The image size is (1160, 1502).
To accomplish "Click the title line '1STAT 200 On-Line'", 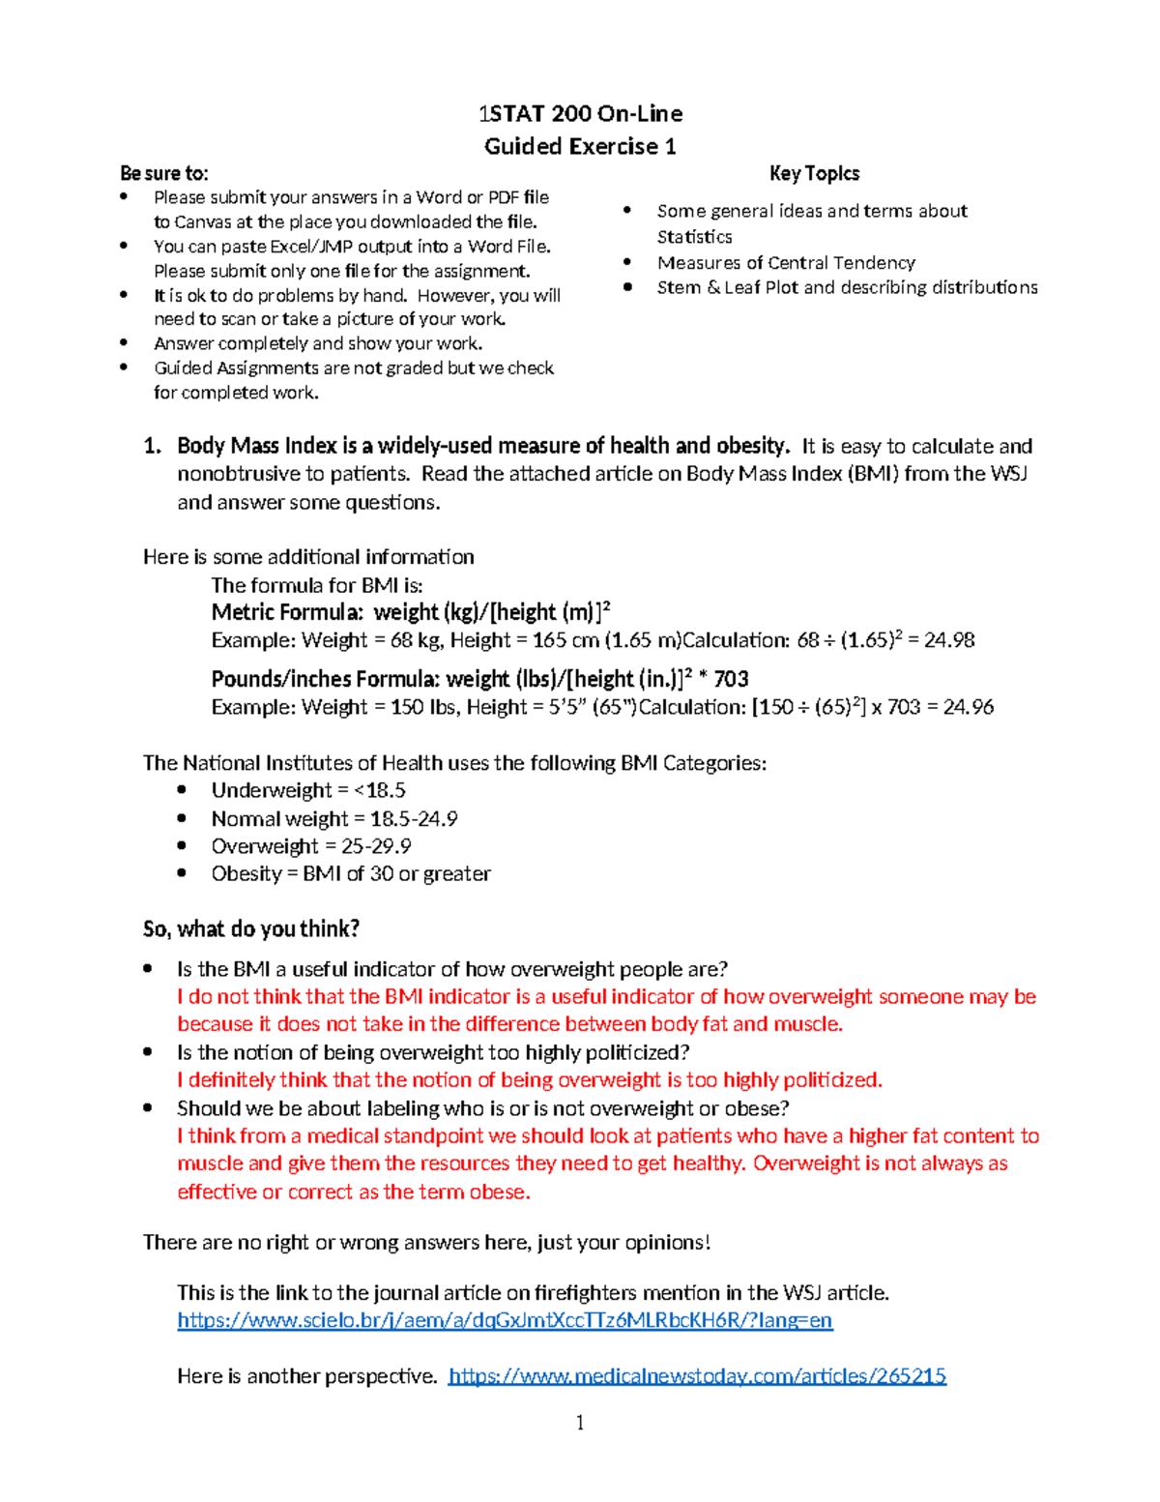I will tap(580, 114).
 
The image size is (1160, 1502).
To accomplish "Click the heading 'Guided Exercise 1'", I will tap(580, 146).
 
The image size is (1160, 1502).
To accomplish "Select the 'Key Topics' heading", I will tap(814, 173).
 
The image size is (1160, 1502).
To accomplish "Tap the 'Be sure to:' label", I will tap(163, 173).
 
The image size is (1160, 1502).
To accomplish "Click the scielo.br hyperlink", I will tap(505, 1320).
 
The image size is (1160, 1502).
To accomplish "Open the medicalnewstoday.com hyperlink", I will tap(697, 1375).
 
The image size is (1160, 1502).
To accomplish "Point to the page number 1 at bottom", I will tap(579, 1422).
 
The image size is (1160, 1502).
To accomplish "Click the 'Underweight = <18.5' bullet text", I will tap(308, 790).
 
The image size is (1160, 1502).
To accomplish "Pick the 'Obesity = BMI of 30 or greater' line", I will tap(351, 873).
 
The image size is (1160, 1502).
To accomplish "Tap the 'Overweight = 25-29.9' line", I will tap(311, 846).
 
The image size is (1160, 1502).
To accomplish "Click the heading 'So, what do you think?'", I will tap(251, 929).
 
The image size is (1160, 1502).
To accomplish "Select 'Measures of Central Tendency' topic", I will tap(786, 262).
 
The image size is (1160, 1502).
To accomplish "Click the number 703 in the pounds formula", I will tap(731, 679).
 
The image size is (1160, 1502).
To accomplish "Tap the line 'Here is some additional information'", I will tap(308, 557).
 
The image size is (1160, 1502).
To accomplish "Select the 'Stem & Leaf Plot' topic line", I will tap(847, 287).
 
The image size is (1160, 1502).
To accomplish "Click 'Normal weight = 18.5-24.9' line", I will tap(334, 819).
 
